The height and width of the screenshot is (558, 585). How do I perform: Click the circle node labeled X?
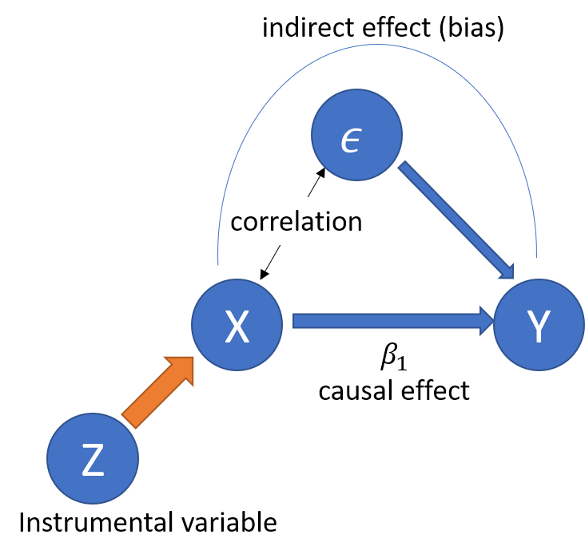(237, 325)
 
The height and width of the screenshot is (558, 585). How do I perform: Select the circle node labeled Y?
(539, 325)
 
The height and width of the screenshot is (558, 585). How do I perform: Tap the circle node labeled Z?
(93, 458)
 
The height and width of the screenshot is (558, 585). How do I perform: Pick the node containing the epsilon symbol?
(356, 135)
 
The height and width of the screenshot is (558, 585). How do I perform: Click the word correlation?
(296, 221)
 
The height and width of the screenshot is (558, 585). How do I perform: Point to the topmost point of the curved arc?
(377, 45)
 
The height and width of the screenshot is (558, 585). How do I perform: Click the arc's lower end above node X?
(218, 263)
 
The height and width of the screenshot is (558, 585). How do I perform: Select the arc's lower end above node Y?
(535, 257)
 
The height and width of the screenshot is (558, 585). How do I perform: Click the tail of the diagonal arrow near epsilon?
(403, 167)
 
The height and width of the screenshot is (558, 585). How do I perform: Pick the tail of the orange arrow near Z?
(129, 421)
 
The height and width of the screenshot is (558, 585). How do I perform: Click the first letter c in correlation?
(237, 222)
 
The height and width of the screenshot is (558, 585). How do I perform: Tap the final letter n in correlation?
(355, 222)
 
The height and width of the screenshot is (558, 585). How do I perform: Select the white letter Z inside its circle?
(93, 461)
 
